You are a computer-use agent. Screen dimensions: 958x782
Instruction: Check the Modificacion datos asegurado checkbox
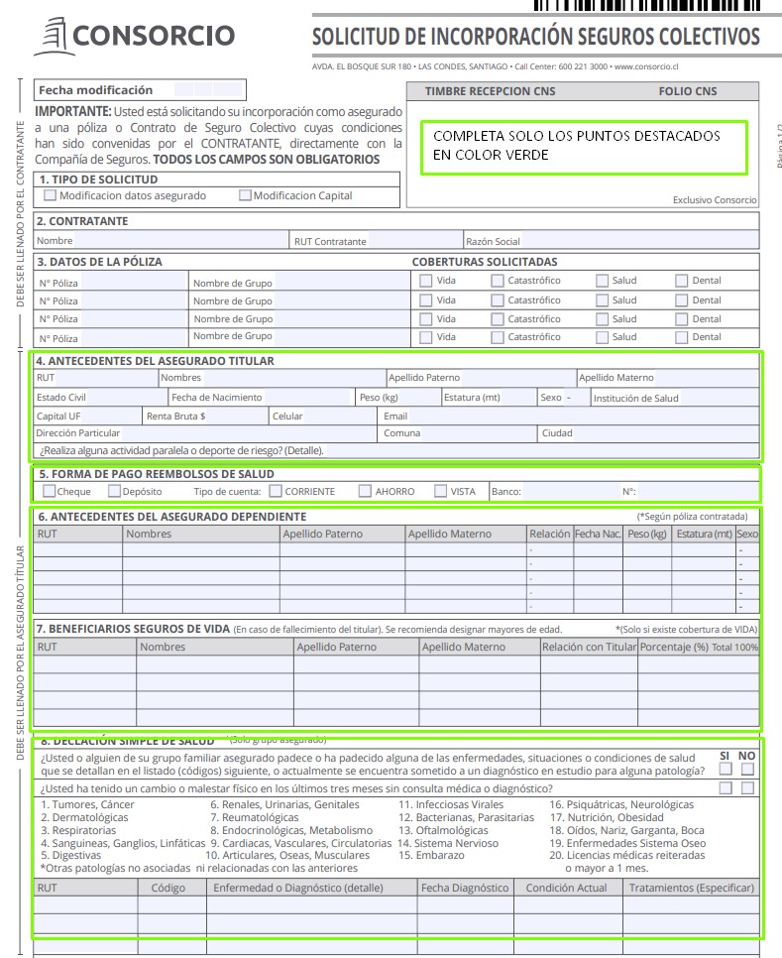(x=51, y=195)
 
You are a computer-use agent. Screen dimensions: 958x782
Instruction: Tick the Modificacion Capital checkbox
(x=245, y=195)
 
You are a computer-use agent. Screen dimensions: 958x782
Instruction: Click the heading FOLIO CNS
(x=688, y=91)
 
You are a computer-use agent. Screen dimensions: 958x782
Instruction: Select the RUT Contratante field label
(x=330, y=241)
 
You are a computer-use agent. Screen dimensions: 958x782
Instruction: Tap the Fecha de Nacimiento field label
(x=217, y=398)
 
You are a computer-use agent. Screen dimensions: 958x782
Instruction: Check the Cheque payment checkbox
(x=50, y=491)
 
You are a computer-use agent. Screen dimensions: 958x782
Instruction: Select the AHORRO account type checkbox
(x=365, y=491)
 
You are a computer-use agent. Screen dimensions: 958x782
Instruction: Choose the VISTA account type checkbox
(x=440, y=491)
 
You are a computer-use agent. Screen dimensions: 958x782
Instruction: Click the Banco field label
(x=505, y=492)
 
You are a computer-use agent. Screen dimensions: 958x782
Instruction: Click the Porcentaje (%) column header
(x=674, y=648)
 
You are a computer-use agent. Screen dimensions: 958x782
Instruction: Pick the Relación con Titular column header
(x=589, y=648)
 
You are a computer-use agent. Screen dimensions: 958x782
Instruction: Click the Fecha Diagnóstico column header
(x=465, y=888)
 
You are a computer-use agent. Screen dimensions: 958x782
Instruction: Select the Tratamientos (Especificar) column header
(x=692, y=888)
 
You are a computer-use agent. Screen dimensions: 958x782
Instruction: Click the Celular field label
(x=287, y=417)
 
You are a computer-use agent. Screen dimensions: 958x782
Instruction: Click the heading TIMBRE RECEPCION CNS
(x=491, y=91)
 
